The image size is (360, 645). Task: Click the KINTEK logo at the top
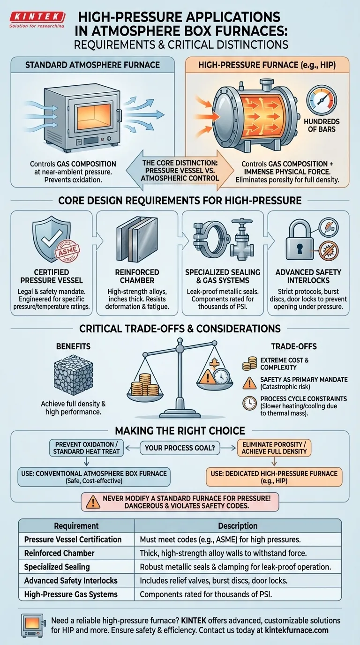37,19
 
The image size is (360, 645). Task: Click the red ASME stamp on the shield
67,250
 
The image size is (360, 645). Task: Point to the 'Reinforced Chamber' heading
137,276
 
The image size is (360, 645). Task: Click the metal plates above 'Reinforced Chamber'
137,239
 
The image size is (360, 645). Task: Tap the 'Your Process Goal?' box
180,448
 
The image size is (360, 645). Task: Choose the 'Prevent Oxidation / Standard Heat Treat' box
86,448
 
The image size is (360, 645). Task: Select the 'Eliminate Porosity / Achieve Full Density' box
274,448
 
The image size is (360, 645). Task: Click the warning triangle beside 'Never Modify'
93,502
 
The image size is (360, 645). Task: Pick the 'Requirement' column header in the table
76,526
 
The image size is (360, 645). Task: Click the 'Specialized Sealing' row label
57,567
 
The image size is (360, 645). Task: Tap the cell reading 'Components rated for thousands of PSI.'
206,594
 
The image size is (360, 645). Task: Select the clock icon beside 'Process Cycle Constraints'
249,403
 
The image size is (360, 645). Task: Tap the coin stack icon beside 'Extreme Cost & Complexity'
249,364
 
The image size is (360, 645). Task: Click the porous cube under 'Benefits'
73,375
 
